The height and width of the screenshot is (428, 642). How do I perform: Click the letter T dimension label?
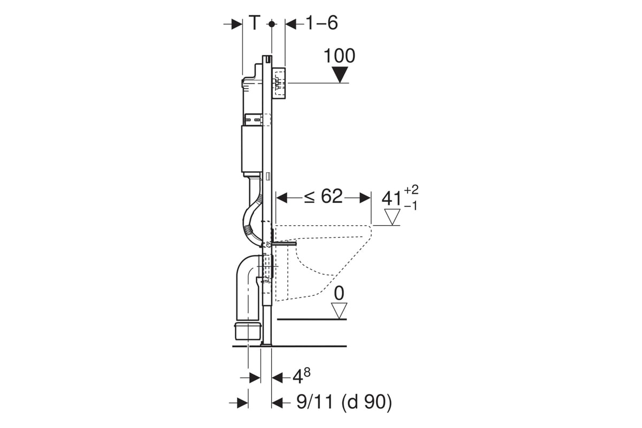click(x=255, y=22)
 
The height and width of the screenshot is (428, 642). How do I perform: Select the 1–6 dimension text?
click(x=322, y=23)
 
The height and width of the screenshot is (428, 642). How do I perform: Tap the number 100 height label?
click(x=339, y=56)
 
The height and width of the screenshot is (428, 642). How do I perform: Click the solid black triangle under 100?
click(x=340, y=74)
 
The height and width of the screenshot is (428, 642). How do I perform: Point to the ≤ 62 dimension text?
click(x=323, y=197)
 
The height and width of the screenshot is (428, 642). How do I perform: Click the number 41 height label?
click(x=392, y=198)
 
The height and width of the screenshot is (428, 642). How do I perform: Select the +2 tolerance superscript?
click(x=411, y=190)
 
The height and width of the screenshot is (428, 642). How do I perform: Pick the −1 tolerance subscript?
click(x=411, y=206)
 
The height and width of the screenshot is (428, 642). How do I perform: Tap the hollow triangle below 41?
click(x=392, y=217)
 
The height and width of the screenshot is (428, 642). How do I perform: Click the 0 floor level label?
click(x=339, y=294)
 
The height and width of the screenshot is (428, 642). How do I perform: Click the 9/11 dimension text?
click(x=315, y=402)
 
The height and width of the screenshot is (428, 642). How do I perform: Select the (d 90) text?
click(x=366, y=402)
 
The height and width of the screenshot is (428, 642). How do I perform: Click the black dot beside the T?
click(x=272, y=24)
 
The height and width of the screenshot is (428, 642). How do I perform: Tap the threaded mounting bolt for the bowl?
click(x=284, y=243)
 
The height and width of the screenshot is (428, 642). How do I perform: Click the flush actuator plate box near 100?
click(x=278, y=83)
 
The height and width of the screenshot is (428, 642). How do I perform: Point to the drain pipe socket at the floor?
click(x=248, y=331)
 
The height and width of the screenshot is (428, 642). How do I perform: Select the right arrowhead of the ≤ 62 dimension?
click(x=365, y=198)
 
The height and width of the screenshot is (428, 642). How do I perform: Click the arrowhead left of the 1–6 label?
click(x=291, y=24)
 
